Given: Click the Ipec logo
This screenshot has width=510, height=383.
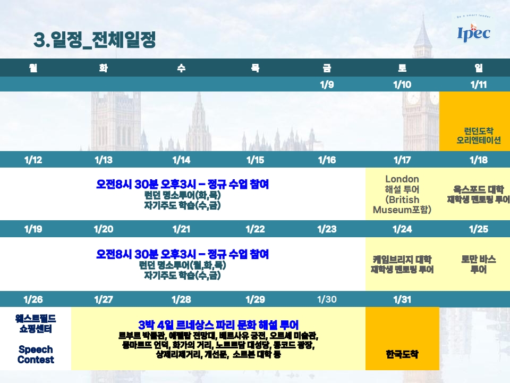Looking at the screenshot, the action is coord(473,31).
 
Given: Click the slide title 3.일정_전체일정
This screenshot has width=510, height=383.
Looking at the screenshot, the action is coord(95,40).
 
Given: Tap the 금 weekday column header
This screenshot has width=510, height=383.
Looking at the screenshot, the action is coord(327,68).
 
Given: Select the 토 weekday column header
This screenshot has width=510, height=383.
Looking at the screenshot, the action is coord(402,68).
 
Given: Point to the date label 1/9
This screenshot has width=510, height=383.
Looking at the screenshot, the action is coord(327,85).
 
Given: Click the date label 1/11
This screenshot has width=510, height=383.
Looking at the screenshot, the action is coord(479,85).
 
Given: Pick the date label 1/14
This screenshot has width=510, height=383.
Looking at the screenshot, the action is coord(181,160).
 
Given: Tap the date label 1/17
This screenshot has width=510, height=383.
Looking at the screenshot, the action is coord(402,160).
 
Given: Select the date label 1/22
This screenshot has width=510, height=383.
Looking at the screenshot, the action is coord(256,229).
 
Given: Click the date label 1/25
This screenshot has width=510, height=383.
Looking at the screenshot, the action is coord(479,229).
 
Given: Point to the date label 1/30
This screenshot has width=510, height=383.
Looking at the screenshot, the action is coord(327,299).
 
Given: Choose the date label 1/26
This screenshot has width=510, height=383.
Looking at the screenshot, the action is coord(33,299).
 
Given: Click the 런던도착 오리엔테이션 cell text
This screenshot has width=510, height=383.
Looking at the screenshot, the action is coord(479,136).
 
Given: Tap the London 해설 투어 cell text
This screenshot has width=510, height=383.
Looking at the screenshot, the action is coord(402,195).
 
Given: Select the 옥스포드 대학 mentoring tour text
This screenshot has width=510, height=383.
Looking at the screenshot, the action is coord(479,195).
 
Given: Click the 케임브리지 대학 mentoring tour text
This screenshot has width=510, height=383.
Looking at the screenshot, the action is coord(402,264).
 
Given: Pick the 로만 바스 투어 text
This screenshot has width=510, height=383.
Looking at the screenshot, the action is coord(479,264).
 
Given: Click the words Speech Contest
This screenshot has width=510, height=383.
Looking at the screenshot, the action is coord(36,354).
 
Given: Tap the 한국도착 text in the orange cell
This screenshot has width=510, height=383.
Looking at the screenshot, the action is coord(402,354).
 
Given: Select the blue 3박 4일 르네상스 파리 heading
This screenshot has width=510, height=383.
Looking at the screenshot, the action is coord(218,324).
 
